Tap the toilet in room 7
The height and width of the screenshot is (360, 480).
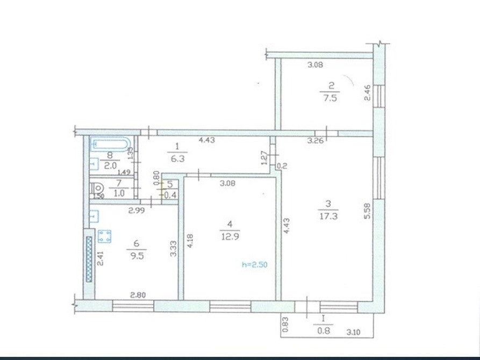tap(98, 189)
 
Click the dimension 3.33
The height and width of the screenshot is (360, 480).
tap(173, 249)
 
